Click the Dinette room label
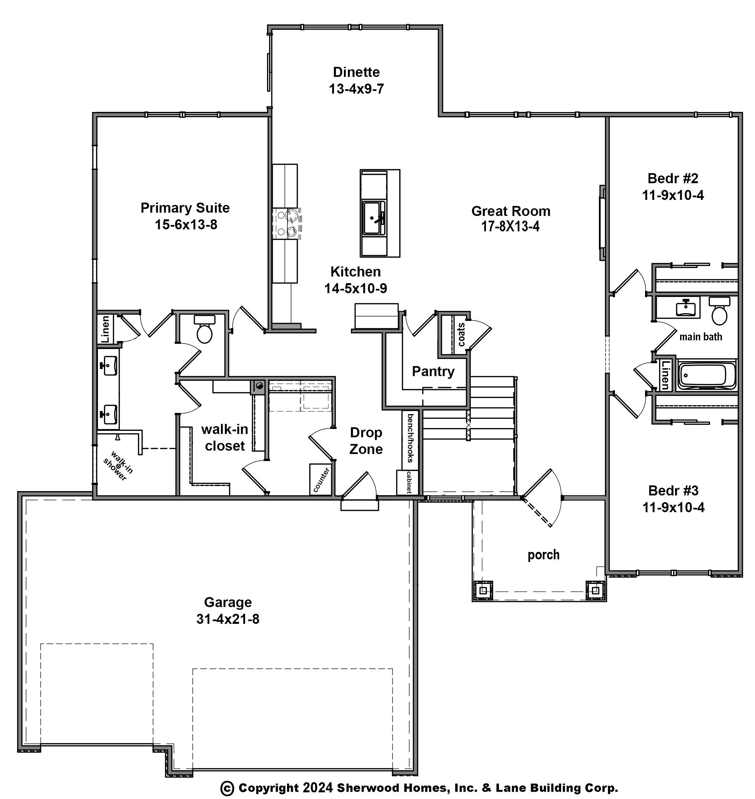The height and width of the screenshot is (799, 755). click(356, 72)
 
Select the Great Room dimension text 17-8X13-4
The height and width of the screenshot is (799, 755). click(510, 227)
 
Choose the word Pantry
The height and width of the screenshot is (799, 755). click(433, 371)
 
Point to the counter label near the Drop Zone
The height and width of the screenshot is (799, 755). click(322, 480)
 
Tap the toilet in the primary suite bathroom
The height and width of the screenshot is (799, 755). click(205, 329)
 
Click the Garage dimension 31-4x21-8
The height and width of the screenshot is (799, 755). click(228, 619)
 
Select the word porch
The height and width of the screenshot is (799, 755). click(543, 555)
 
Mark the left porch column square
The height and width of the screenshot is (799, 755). click(484, 590)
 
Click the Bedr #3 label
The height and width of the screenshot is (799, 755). click(673, 490)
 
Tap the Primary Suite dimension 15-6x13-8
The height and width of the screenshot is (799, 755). click(186, 225)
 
